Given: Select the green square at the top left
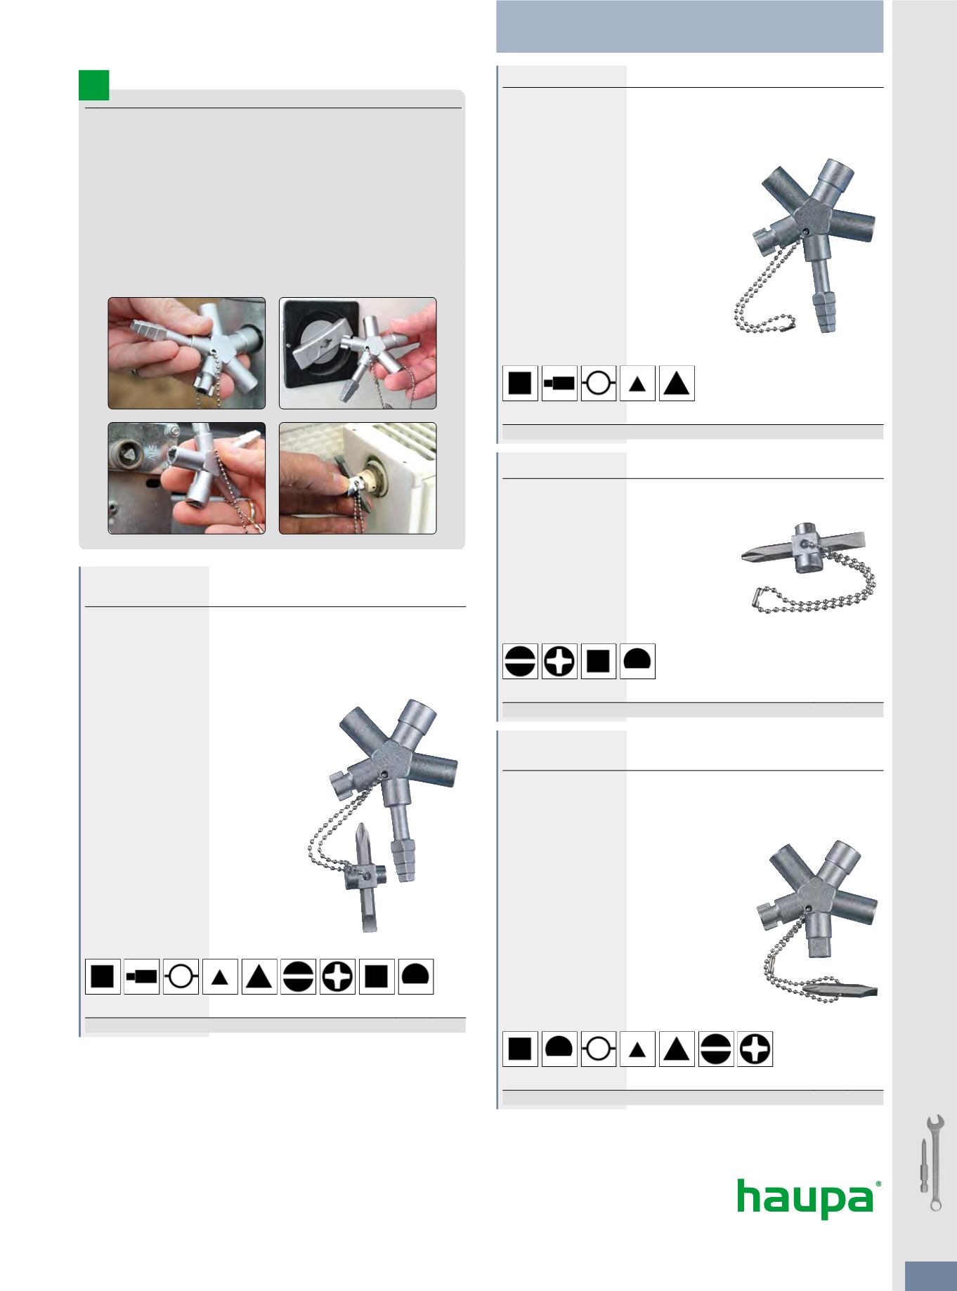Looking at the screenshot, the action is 93,84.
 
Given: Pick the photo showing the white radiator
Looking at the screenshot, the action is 358,478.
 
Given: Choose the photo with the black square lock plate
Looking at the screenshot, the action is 358,353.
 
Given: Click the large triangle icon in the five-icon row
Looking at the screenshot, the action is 677,384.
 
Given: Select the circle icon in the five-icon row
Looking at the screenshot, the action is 599,384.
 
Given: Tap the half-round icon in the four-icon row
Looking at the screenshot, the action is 637,661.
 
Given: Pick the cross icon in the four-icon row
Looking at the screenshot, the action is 559,661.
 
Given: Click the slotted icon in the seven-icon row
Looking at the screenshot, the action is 716,1049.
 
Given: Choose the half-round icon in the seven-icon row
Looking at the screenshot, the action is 559,1049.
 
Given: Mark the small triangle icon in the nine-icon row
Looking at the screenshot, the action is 220,976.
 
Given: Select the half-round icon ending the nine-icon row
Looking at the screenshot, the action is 416,976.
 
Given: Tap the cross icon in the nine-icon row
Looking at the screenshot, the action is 337,976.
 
